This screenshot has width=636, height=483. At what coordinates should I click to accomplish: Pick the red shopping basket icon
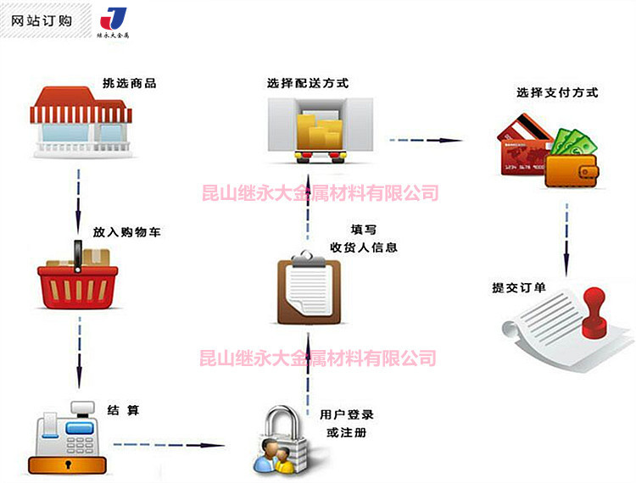(77, 279)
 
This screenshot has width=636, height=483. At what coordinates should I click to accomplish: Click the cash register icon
(69, 436)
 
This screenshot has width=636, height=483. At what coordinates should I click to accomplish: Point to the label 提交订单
(519, 287)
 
